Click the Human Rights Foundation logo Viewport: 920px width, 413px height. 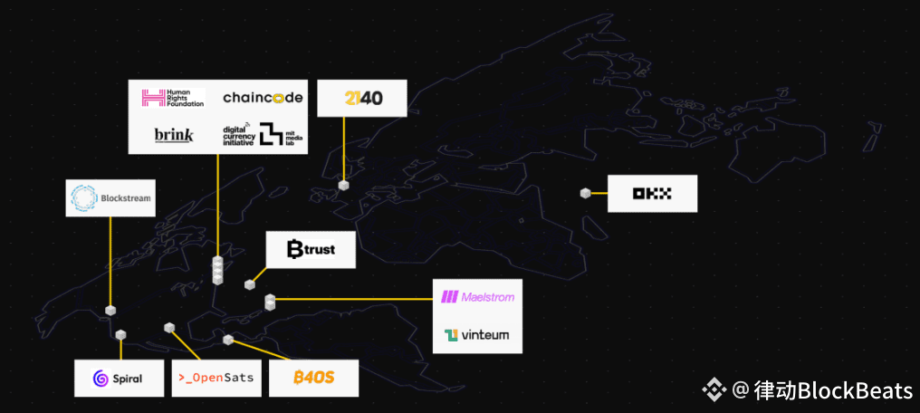click(x=173, y=98)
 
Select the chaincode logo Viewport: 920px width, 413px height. click(x=263, y=98)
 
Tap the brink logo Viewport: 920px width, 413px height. click(x=174, y=135)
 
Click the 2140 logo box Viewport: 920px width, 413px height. click(x=361, y=98)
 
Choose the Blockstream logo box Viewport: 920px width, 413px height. click(x=110, y=197)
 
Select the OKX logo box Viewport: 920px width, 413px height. click(x=652, y=193)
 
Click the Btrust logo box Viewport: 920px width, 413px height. click(x=311, y=249)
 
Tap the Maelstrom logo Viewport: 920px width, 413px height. click(x=476, y=297)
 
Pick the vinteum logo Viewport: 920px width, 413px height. click(x=476, y=335)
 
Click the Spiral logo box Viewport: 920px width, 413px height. click(x=119, y=378)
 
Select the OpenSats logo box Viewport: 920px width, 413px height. click(x=217, y=378)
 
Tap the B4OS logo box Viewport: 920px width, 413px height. click(x=313, y=378)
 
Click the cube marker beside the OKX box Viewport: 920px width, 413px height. click(x=586, y=193)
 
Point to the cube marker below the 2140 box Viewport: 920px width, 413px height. click(x=343, y=185)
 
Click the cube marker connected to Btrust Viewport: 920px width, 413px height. click(x=250, y=284)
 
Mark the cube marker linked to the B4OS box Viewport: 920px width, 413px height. click(x=228, y=340)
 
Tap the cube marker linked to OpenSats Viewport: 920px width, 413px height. click(x=168, y=327)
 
